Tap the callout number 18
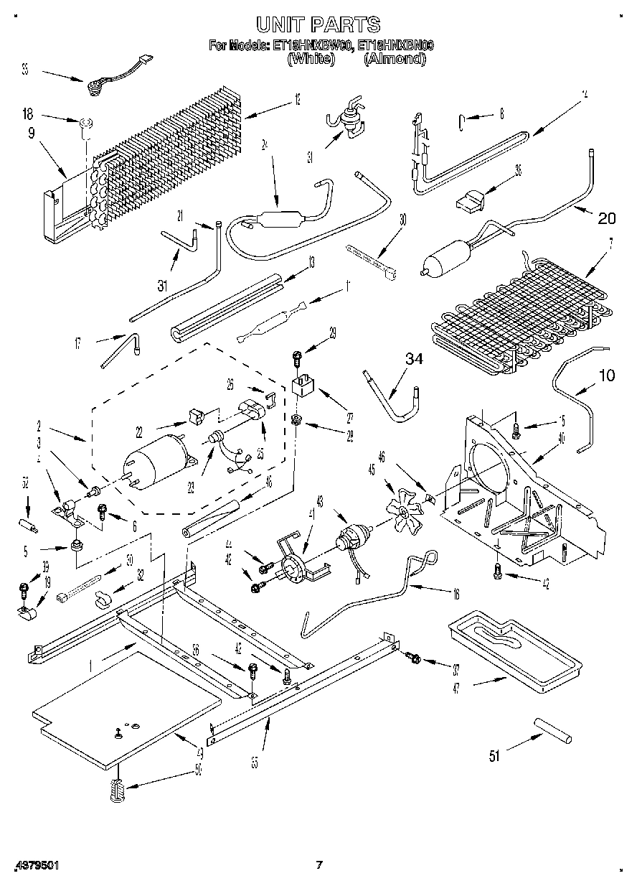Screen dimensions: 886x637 27,113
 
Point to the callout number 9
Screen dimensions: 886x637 32,132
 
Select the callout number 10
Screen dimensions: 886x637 606,375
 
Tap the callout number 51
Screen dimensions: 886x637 494,754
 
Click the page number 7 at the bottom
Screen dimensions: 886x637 319,865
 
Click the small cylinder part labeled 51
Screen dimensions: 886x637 552,729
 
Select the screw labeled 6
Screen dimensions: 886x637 102,512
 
